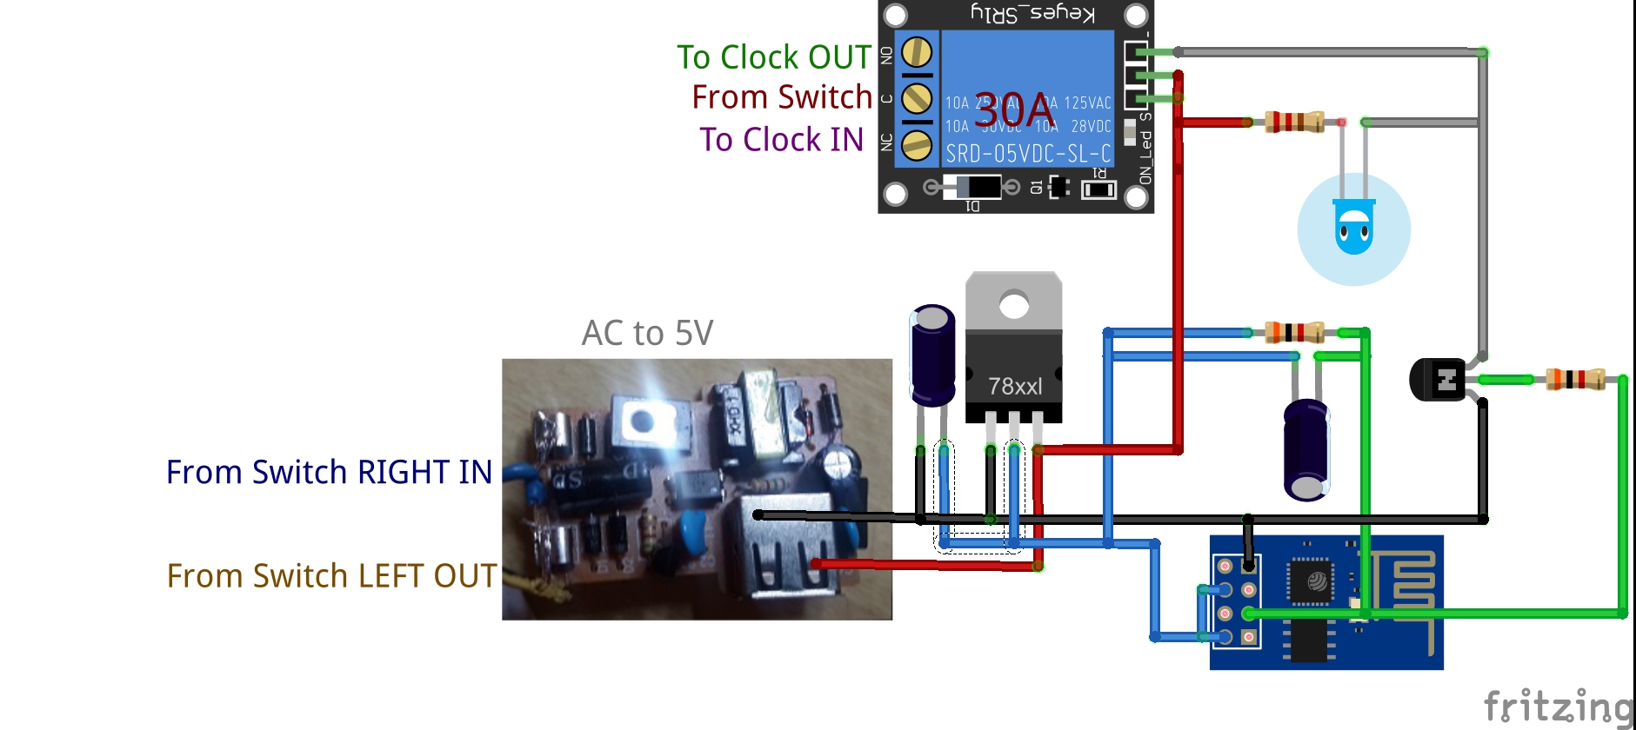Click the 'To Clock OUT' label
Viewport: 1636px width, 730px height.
pyautogui.click(x=773, y=57)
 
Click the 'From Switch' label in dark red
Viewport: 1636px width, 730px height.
pyautogui.click(x=781, y=97)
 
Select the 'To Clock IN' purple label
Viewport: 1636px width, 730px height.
pyautogui.click(x=781, y=140)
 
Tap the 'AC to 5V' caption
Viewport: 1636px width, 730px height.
pyautogui.click(x=647, y=333)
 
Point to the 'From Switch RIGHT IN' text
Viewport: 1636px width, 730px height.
pyautogui.click(x=329, y=472)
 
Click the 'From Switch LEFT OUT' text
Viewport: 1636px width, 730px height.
pyautogui.click(x=331, y=576)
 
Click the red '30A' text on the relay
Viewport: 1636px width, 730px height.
pyautogui.click(x=1014, y=112)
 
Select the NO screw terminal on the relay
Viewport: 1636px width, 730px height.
pyautogui.click(x=917, y=54)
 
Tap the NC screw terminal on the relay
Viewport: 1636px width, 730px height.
pyautogui.click(x=917, y=144)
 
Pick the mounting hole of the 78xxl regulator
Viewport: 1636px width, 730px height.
pyautogui.click(x=1014, y=304)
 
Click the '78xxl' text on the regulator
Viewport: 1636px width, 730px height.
pyautogui.click(x=1014, y=386)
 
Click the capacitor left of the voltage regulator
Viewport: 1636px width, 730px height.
pyautogui.click(x=932, y=355)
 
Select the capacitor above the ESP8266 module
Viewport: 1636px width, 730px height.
pyautogui.click(x=1306, y=449)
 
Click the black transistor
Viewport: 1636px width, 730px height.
pyautogui.click(x=1438, y=380)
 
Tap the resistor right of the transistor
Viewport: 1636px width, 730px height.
pyautogui.click(x=1575, y=379)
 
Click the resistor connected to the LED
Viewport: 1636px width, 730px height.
pyautogui.click(x=1293, y=122)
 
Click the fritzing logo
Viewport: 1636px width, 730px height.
pyautogui.click(x=1557, y=707)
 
